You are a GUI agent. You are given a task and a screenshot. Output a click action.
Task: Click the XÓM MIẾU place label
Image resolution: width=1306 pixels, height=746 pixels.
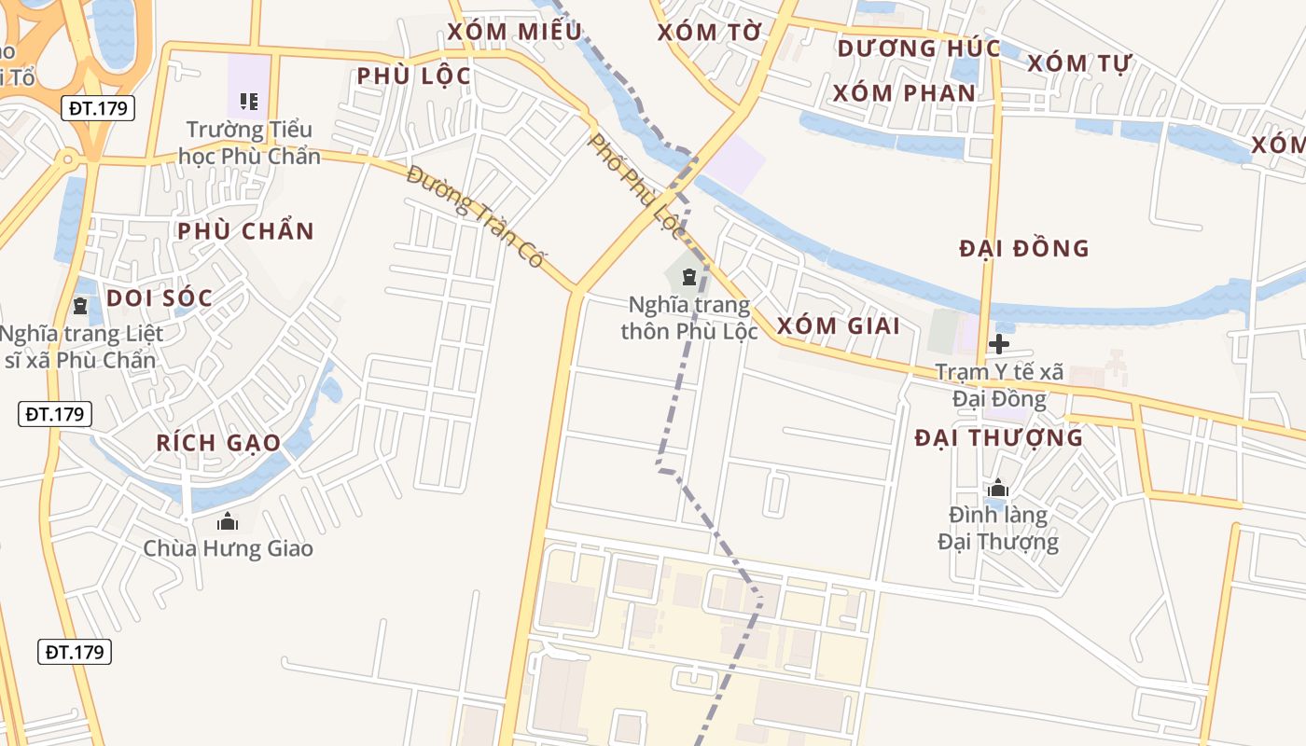click(514, 32)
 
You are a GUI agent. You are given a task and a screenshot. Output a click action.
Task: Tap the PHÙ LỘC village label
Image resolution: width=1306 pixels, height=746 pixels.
click(414, 76)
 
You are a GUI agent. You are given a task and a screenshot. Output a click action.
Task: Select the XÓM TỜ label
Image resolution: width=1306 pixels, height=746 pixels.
click(710, 33)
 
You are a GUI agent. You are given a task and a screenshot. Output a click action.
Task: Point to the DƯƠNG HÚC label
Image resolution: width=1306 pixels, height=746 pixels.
click(918, 48)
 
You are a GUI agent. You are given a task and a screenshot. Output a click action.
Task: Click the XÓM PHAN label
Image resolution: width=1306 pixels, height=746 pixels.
click(904, 93)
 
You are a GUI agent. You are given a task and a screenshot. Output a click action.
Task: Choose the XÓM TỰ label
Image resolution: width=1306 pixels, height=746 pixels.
click(1079, 63)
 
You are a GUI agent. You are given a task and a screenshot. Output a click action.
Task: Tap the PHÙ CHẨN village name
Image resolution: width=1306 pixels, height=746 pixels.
click(246, 231)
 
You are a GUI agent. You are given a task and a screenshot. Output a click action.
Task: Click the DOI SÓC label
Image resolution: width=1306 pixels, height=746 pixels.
click(160, 298)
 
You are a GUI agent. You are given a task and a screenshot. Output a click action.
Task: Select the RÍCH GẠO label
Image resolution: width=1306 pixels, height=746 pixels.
click(218, 443)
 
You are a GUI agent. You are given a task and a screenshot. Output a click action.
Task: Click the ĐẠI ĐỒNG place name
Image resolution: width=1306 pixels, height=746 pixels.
click(1024, 249)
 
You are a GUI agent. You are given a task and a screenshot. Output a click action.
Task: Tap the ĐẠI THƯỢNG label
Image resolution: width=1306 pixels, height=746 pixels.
click(999, 438)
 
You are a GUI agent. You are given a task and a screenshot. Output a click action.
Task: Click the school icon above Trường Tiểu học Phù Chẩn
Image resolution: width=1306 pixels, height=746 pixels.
click(248, 101)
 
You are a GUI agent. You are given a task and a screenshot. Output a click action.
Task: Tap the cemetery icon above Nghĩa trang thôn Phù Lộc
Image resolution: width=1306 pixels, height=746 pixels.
click(689, 276)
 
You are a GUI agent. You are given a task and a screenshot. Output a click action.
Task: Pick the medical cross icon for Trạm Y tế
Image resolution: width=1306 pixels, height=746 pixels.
click(999, 344)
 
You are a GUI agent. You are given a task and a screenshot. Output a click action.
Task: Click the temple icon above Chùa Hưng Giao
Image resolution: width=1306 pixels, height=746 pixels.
click(228, 521)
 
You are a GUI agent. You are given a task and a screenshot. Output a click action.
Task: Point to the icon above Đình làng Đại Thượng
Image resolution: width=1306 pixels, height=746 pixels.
click(998, 488)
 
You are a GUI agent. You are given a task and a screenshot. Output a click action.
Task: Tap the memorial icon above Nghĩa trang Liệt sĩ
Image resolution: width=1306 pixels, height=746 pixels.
click(80, 305)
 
